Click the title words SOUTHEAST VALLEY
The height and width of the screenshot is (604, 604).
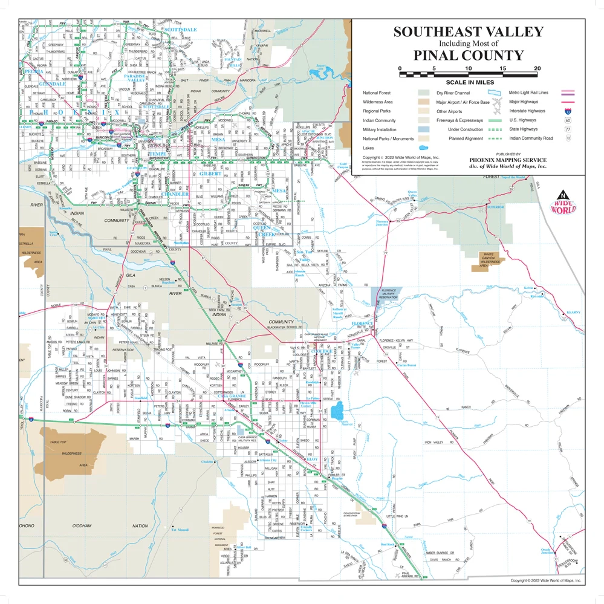click(469, 32)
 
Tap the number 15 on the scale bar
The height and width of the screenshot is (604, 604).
click(503, 68)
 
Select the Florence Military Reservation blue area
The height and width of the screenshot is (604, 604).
click(384, 294)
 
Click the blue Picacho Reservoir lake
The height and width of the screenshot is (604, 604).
click(337, 412)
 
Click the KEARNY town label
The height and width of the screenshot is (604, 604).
click(573, 313)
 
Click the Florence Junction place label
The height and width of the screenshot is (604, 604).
click(382, 223)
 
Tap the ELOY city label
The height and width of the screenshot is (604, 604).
click(313, 460)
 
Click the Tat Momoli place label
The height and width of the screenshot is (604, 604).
click(181, 530)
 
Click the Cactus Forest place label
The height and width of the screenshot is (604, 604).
click(406, 365)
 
